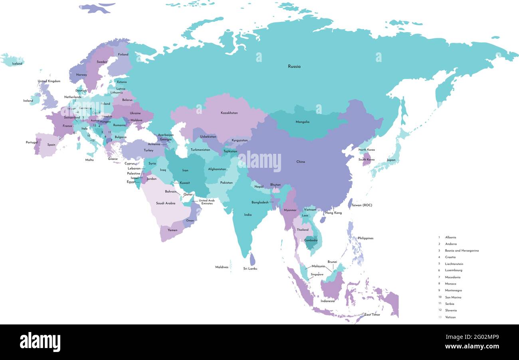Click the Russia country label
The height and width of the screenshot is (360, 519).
(x=294, y=66)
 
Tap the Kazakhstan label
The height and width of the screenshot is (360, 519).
(x=229, y=113)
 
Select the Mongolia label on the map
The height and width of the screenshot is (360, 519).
(x=302, y=122)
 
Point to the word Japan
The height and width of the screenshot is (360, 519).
(x=391, y=160)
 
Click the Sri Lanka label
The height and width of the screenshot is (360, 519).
(x=250, y=269)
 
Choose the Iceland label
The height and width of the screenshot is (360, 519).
(x=17, y=64)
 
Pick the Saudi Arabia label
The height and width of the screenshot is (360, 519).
(x=165, y=203)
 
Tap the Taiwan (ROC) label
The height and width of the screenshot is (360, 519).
(x=362, y=205)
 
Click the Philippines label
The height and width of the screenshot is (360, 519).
(x=365, y=238)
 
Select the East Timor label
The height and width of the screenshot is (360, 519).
(x=372, y=315)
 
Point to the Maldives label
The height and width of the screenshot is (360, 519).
(x=222, y=267)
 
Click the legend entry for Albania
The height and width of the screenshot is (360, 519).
(x=450, y=237)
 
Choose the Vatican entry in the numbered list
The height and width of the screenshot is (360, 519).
(x=450, y=317)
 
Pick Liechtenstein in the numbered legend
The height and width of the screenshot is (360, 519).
(x=454, y=264)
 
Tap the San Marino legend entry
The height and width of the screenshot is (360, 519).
(x=453, y=297)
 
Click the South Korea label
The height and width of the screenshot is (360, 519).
(x=366, y=159)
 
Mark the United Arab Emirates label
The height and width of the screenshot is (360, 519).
(x=206, y=202)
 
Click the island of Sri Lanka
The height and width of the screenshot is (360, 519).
(x=252, y=259)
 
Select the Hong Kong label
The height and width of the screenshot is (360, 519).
(x=333, y=213)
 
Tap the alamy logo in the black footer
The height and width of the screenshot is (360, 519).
(x=40, y=342)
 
